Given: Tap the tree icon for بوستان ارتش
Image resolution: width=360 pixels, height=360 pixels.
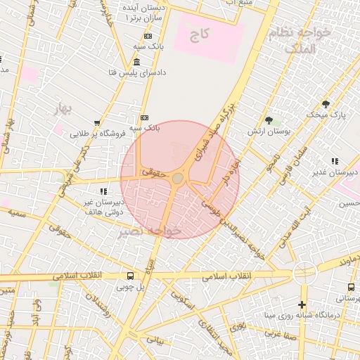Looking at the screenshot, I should (269, 120).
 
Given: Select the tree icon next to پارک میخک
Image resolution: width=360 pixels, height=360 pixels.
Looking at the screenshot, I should (325, 104).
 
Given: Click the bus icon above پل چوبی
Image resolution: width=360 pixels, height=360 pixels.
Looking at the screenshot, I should (130, 276).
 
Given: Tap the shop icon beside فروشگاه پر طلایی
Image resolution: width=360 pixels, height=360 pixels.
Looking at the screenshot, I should (97, 123).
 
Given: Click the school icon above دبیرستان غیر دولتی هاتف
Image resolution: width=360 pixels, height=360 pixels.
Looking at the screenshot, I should (104, 191).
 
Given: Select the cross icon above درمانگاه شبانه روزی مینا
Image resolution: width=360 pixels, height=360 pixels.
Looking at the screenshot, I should (302, 304).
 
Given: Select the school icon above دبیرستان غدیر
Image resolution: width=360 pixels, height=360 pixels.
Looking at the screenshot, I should (335, 162).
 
